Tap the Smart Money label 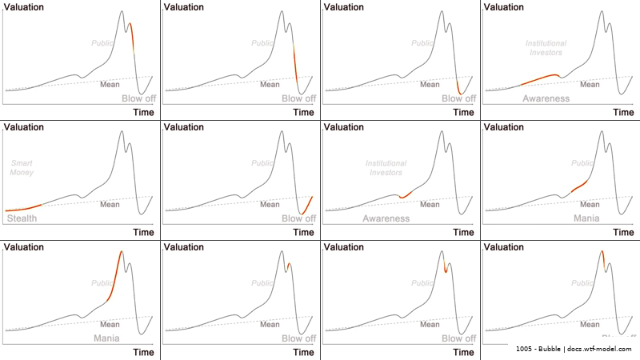22,167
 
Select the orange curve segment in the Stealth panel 24,208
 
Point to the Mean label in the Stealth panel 110,204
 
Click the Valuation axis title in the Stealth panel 24,127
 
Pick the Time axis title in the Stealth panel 143,232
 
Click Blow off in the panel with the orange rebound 298,218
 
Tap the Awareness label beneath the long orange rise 546,98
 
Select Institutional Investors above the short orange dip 386,167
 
